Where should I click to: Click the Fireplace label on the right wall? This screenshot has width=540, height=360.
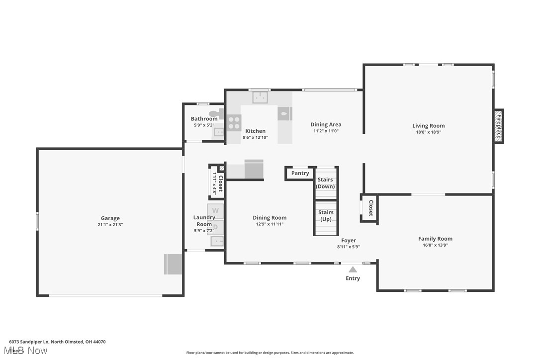point(499,126)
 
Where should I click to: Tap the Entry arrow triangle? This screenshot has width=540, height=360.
point(353,270)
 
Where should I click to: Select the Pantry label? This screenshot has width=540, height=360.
point(300,173)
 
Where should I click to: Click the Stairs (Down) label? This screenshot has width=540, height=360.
point(326,183)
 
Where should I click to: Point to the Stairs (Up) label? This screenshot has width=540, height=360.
point(326,216)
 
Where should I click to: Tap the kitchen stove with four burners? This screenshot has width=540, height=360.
point(234,123)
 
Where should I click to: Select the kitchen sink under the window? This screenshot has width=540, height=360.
point(260,97)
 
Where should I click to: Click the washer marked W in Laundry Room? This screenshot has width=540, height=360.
point(216,211)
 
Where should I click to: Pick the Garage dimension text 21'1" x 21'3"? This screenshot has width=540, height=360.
point(110,225)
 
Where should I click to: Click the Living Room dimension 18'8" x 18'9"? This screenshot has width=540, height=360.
point(428,132)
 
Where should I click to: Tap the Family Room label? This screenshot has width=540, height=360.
point(435,239)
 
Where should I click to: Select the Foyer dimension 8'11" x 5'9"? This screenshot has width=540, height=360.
point(348,247)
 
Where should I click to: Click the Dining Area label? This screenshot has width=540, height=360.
point(326,125)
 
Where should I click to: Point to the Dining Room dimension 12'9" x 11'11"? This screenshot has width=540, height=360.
point(269,224)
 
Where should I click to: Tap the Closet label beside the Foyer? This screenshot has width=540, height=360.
point(370,208)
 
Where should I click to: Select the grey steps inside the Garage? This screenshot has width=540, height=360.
point(174,264)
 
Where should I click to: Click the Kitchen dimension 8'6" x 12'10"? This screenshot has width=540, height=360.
point(255,137)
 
